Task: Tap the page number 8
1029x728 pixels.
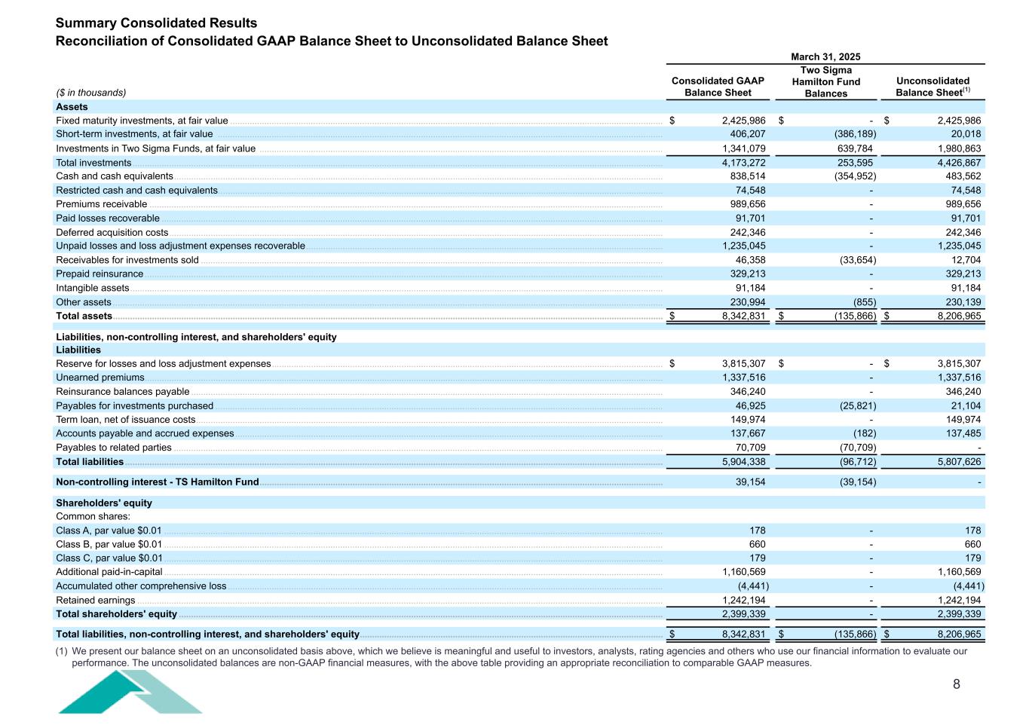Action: point(957,684)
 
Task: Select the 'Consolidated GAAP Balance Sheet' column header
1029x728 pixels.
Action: point(718,87)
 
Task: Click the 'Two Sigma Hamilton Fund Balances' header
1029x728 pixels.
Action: point(826,82)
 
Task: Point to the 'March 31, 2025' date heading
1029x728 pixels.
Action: point(825,57)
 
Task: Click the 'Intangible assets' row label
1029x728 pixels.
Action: point(93,288)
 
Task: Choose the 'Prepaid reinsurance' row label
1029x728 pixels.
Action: point(100,274)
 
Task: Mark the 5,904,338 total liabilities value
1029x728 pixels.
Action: point(743,462)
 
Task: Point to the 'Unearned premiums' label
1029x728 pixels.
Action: point(100,378)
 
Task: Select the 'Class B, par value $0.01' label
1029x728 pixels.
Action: point(109,544)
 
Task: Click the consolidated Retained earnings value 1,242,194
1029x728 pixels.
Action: point(743,601)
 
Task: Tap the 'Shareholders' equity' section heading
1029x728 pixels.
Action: point(104,503)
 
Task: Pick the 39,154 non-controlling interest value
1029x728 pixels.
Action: point(750,482)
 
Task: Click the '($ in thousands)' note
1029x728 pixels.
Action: point(91,93)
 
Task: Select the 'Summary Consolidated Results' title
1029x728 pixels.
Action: point(156,23)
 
